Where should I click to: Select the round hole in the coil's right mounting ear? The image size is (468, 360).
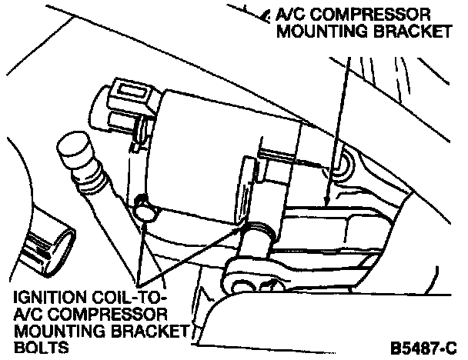(x=341, y=162)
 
